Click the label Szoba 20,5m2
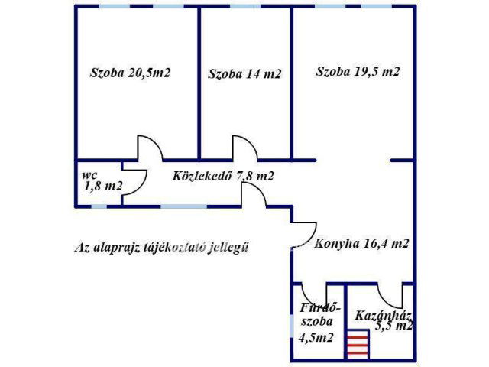click(130, 73)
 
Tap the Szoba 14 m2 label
click(244, 74)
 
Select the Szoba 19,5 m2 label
click(358, 72)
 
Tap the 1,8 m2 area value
click(102, 186)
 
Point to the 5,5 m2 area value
click(394, 325)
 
